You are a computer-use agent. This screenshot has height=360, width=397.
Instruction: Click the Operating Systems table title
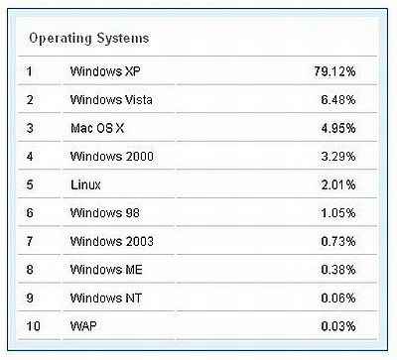[88, 39]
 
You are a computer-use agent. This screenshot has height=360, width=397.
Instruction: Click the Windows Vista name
[111, 100]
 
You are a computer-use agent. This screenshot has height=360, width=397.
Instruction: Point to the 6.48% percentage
[337, 100]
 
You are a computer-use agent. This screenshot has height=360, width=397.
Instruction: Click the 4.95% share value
[337, 128]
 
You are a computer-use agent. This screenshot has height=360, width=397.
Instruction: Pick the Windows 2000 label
[111, 156]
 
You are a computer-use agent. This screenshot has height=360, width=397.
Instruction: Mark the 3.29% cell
[337, 156]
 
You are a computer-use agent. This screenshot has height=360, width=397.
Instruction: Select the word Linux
[85, 184]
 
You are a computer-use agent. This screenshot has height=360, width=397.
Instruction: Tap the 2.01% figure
[337, 184]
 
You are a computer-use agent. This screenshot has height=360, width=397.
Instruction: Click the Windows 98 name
[105, 212]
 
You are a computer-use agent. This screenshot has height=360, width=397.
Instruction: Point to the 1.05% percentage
[337, 212]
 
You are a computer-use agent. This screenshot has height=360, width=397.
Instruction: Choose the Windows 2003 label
[111, 241]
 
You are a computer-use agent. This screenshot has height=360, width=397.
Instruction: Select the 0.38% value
[337, 269]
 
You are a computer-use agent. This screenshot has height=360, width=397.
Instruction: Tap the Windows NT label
[105, 297]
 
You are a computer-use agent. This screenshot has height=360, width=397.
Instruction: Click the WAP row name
[83, 324]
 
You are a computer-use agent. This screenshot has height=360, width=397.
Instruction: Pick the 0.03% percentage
[337, 324]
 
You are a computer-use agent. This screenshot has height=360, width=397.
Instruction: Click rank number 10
[32, 324]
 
